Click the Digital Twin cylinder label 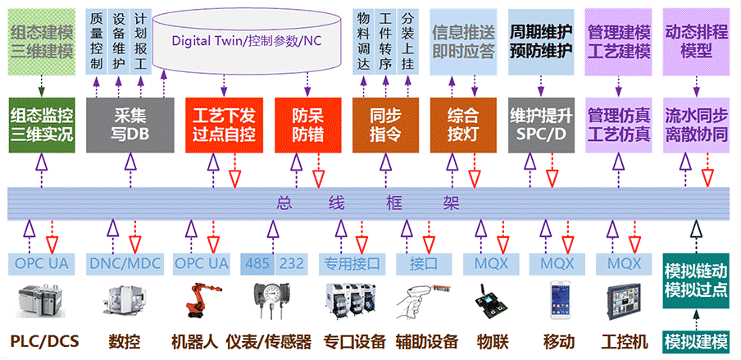pos(246,41)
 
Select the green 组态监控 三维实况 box pos(41,123)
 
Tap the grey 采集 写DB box pos(129,123)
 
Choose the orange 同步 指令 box pos(380,123)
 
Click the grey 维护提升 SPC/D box pos(540,123)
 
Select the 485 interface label pos(257,264)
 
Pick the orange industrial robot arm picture pos(197,300)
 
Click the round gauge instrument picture pos(270,300)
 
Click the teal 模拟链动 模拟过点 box pos(696,282)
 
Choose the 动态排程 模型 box pos(696,41)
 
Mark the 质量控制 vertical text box pos(97,41)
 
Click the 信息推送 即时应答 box pos(463,41)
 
